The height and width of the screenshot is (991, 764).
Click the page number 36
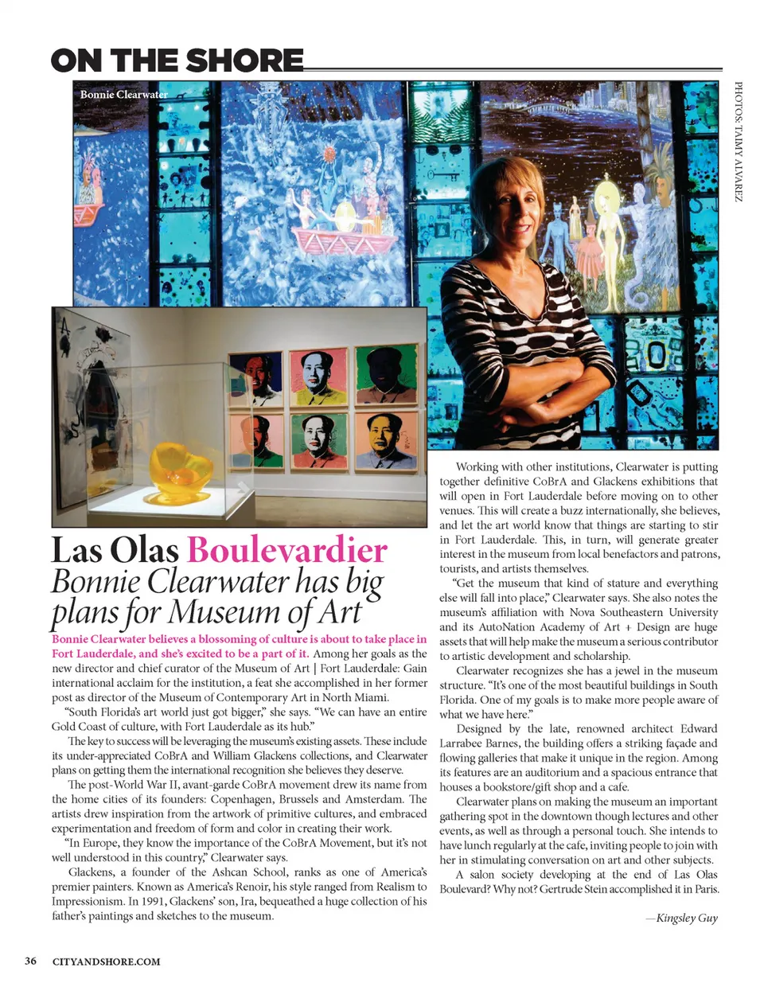(x=30, y=961)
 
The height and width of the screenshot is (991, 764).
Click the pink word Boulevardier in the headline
(x=287, y=550)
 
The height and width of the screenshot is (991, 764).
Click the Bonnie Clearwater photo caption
(x=123, y=94)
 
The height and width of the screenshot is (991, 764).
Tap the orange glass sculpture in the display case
(x=181, y=467)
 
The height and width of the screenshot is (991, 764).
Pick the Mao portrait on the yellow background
(x=318, y=377)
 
